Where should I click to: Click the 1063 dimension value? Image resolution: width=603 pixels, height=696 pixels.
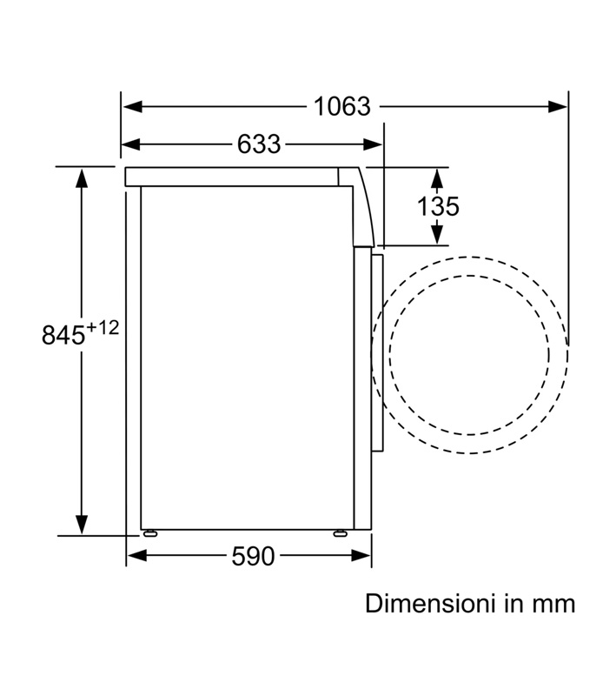341,106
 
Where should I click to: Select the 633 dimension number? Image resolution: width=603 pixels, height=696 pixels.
259,144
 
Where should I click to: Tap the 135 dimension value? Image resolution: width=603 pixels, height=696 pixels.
438,206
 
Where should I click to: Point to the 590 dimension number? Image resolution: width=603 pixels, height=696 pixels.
253,556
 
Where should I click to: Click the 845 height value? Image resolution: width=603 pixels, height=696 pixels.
63,335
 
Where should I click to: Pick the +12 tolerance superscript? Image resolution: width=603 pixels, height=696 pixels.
103,328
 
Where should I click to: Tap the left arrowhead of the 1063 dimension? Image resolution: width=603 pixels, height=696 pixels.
133,106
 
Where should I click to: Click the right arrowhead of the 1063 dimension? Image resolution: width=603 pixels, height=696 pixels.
557,106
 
